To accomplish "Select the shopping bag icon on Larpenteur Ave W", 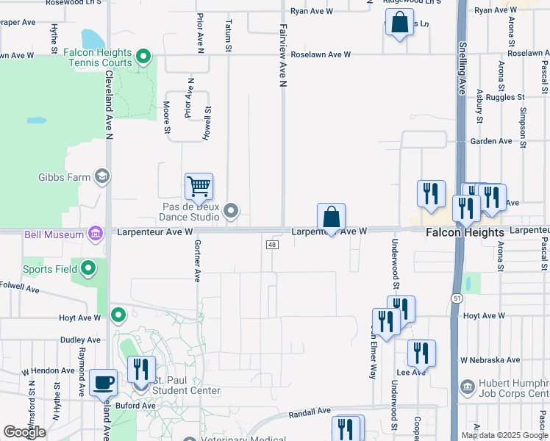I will [332, 217].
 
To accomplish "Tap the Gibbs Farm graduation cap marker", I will [102, 176].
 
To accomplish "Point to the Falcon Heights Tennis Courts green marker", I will [144, 56].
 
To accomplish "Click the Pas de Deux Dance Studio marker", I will [232, 212].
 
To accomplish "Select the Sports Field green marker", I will [88, 268].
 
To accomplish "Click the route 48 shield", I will [272, 245].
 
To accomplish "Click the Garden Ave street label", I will [491, 141].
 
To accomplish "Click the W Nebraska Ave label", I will [490, 360].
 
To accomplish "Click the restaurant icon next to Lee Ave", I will [421, 353].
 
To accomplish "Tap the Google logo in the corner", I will [24, 432].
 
